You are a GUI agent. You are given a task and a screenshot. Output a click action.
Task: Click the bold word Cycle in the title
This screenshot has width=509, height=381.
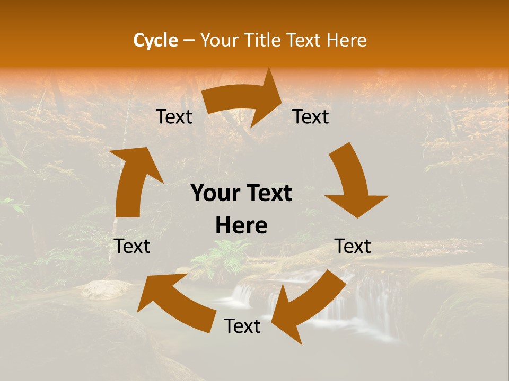155,40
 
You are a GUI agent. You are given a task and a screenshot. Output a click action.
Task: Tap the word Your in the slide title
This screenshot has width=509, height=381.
220,40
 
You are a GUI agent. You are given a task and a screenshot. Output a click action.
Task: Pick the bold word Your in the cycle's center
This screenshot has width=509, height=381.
214,194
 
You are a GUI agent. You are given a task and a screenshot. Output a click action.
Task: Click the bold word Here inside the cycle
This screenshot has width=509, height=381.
241,226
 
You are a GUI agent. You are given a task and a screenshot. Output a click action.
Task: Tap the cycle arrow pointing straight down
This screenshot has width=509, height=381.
353,183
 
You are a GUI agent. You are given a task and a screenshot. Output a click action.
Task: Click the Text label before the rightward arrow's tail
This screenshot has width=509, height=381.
174,117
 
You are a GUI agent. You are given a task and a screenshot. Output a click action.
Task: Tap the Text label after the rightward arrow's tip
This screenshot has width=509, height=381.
311,116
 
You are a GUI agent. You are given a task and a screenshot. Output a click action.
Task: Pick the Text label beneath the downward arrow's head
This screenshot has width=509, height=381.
353,246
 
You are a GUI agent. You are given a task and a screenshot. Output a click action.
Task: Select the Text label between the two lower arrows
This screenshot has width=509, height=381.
242,326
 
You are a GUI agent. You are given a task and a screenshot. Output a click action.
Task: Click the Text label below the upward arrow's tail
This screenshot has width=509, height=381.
132,246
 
